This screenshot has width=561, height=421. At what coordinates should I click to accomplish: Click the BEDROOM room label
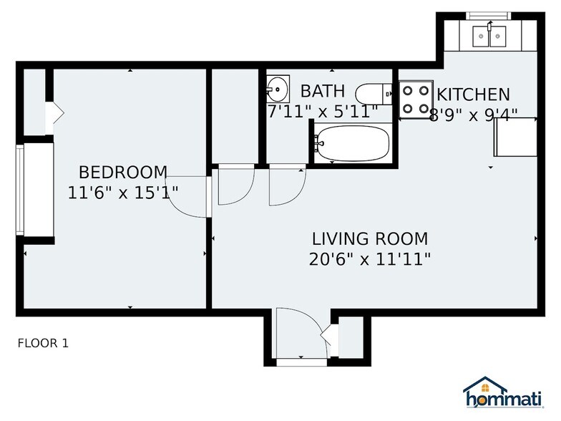pyautogui.click(x=123, y=173)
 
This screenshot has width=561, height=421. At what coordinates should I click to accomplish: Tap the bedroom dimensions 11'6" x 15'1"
pyautogui.click(x=123, y=192)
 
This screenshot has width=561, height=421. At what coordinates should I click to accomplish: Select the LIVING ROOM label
pyautogui.click(x=369, y=238)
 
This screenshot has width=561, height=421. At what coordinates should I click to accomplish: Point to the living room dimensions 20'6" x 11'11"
pyautogui.click(x=369, y=258)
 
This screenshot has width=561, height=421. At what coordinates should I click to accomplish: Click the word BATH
pyautogui.click(x=322, y=91)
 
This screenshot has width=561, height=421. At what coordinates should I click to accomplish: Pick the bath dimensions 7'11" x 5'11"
pyautogui.click(x=322, y=112)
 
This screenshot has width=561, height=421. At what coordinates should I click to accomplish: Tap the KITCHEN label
pyautogui.click(x=473, y=95)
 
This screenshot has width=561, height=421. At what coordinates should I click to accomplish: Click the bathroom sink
pyautogui.click(x=277, y=89)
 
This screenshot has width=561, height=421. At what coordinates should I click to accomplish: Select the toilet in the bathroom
pyautogui.click(x=372, y=94)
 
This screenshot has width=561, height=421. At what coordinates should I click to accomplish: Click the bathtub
pyautogui.click(x=353, y=144)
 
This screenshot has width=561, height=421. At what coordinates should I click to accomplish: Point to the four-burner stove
pyautogui.click(x=415, y=100)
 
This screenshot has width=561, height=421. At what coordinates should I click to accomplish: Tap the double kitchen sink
pyautogui.click(x=489, y=35)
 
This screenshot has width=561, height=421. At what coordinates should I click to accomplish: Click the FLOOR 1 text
pyautogui.click(x=43, y=344)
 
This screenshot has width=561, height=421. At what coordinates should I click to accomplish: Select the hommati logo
pyautogui.click(x=504, y=393)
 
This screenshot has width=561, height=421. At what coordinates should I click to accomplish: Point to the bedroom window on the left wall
pyautogui.click(x=20, y=189)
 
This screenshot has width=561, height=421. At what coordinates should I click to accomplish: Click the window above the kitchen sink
pyautogui.click(x=487, y=16)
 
